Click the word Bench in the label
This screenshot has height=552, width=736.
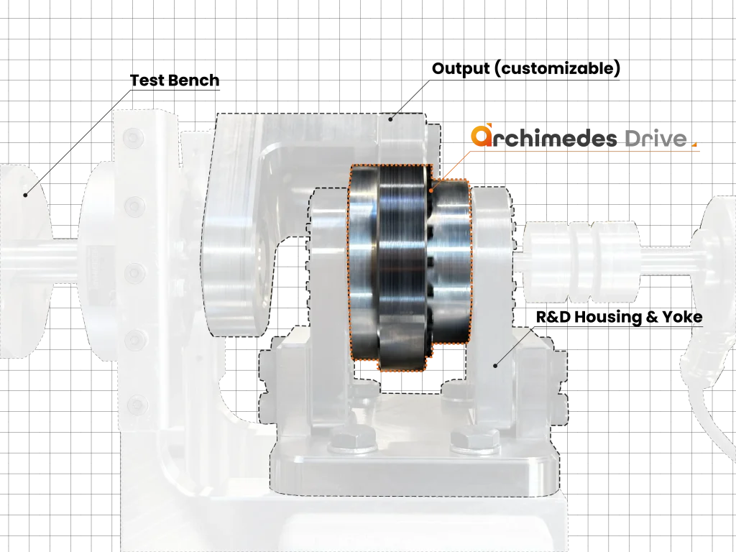193,80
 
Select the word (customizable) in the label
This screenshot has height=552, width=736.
558,68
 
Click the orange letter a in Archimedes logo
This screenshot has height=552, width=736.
481,136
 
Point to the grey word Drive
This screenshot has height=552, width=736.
655,139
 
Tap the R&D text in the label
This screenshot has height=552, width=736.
553,317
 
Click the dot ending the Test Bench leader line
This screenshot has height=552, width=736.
26,195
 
